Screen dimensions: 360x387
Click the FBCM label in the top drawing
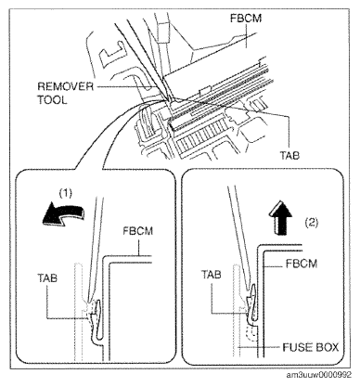[x=246, y=19]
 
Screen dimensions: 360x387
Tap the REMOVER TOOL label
[x=65, y=93]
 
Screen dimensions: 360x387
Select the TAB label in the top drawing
[x=289, y=155]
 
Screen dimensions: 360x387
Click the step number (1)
[x=66, y=193]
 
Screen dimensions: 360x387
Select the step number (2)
[x=312, y=222]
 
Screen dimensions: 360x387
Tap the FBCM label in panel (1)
[x=137, y=231]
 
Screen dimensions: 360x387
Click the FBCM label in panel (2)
[x=302, y=264]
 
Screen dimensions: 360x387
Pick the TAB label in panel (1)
[x=47, y=277]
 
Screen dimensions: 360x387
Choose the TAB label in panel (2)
[x=212, y=274]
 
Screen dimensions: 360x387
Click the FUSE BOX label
[x=311, y=347]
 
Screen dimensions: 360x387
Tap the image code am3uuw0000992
[x=318, y=375]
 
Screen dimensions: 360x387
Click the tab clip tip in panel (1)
[x=99, y=303]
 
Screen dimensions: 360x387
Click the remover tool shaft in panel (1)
[x=95, y=248]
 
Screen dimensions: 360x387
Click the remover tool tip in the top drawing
[x=169, y=99]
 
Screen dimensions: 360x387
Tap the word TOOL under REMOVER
[x=52, y=100]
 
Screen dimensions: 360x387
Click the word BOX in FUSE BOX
[x=327, y=347]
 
